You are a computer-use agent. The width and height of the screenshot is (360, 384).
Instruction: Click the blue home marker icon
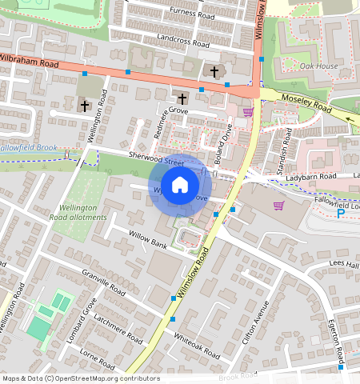(x=180, y=185)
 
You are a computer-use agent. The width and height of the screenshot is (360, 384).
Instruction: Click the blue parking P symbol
(x=340, y=214)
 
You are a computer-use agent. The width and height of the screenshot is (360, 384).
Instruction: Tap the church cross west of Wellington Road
(x=84, y=105)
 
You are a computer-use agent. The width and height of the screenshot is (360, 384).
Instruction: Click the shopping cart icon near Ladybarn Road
(x=278, y=206)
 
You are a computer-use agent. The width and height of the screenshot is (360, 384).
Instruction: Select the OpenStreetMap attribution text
(x=81, y=378)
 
